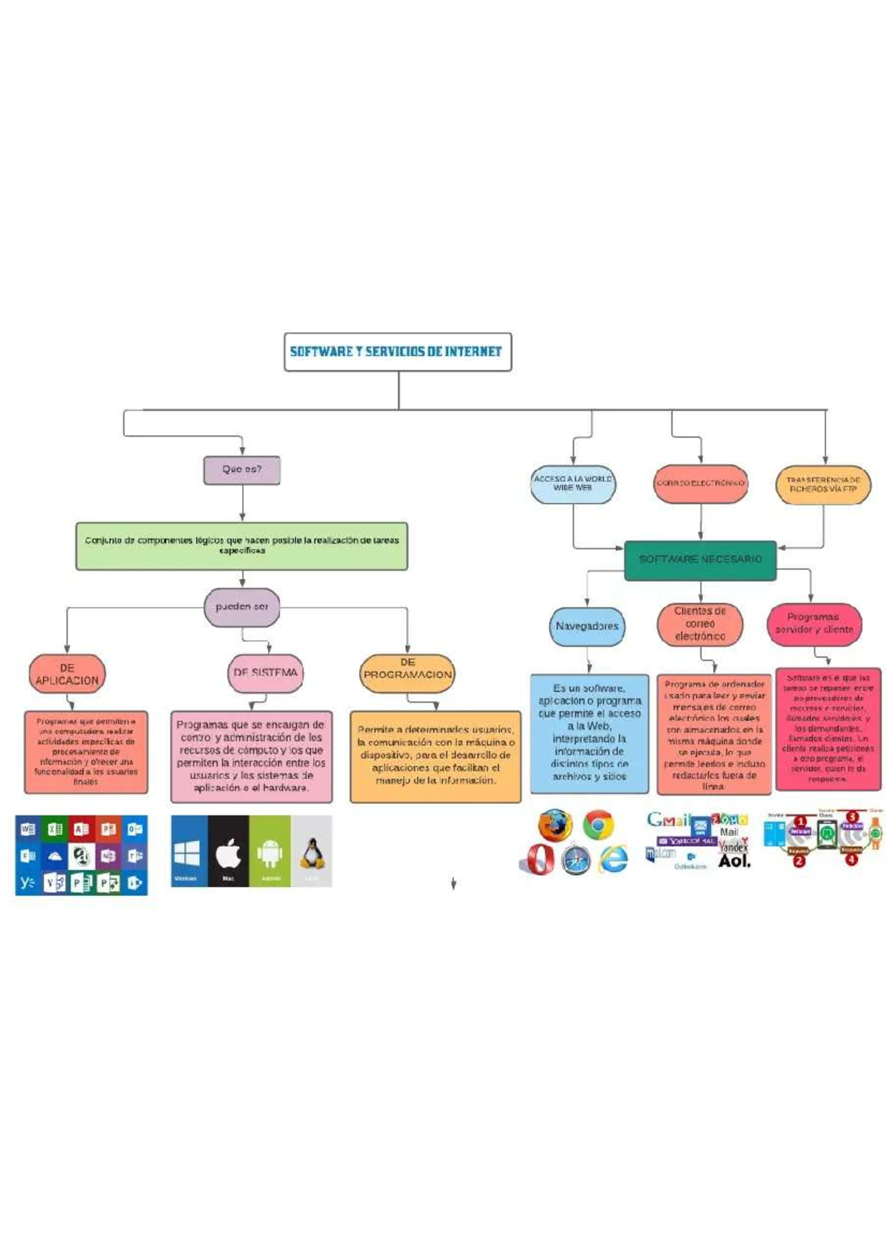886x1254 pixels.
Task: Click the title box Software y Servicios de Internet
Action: [397, 352]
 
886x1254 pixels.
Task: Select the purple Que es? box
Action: [242, 470]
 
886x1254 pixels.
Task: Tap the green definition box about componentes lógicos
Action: [241, 546]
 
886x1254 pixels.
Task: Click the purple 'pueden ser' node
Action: [241, 607]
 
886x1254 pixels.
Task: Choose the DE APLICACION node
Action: [67, 674]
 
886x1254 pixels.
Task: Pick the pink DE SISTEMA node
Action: [265, 673]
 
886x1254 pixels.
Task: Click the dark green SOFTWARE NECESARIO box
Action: [700, 560]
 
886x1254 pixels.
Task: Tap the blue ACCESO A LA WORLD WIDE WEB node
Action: [573, 484]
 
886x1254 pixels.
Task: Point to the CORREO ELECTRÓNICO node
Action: [700, 484]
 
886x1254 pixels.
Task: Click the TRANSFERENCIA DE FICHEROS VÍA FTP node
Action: [823, 484]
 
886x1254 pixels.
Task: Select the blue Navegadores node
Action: [587, 626]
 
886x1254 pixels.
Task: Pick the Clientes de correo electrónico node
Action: [700, 624]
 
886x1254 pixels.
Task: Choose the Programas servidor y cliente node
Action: [814, 624]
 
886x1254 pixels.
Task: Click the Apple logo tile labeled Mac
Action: [228, 852]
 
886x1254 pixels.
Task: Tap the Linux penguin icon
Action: [312, 852]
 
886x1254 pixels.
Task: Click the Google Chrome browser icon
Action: [598, 825]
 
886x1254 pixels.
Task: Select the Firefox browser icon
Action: [554, 824]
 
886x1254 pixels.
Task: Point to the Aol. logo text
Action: [734, 861]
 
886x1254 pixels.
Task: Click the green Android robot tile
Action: [270, 852]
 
